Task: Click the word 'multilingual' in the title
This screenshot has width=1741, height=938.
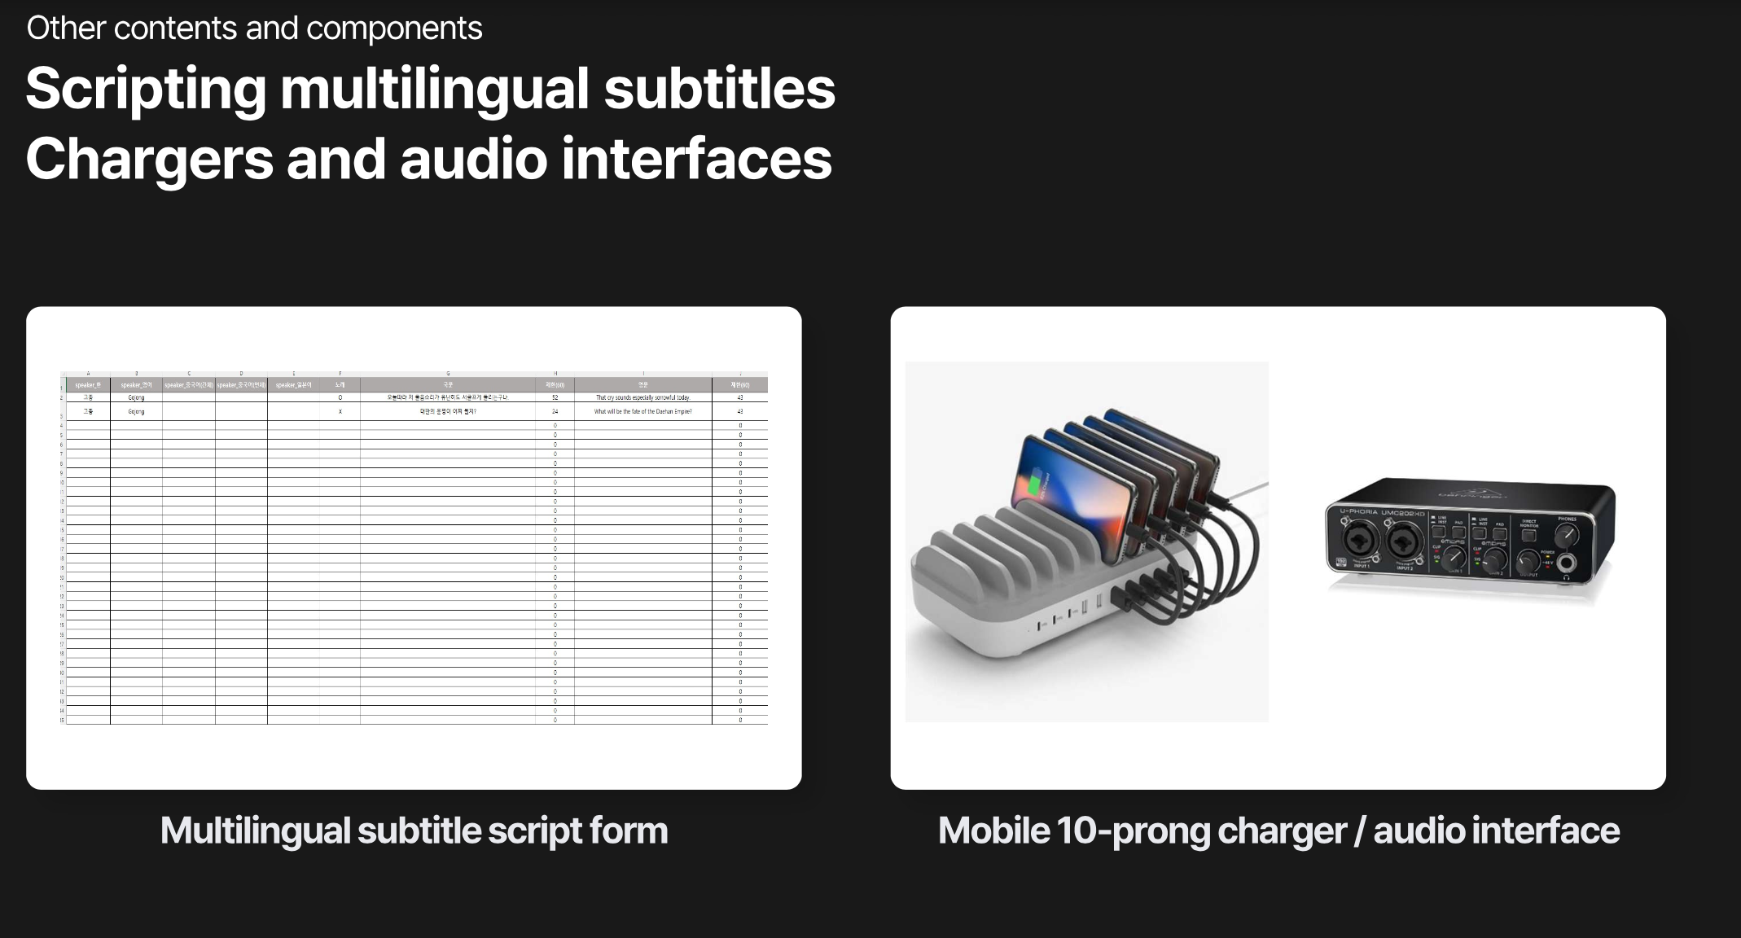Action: point(434,90)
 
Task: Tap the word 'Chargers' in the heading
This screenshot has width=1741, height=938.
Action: point(149,160)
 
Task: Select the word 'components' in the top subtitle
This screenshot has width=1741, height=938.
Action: point(394,28)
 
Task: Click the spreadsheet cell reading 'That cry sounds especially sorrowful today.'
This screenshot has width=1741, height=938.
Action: point(642,397)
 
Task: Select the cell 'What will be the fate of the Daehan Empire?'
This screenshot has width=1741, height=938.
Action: point(642,412)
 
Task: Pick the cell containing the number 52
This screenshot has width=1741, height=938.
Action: point(555,397)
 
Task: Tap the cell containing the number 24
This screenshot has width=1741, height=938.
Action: point(555,412)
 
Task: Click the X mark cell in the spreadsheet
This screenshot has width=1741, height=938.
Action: point(340,412)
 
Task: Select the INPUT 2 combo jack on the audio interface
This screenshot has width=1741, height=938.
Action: point(1405,541)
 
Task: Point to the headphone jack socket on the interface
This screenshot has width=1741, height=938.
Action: point(1566,563)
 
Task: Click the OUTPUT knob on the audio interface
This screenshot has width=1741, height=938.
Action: point(1528,562)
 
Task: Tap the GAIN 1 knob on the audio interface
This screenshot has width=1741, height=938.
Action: point(1454,557)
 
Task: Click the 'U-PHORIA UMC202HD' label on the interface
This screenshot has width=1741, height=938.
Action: point(1382,513)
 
